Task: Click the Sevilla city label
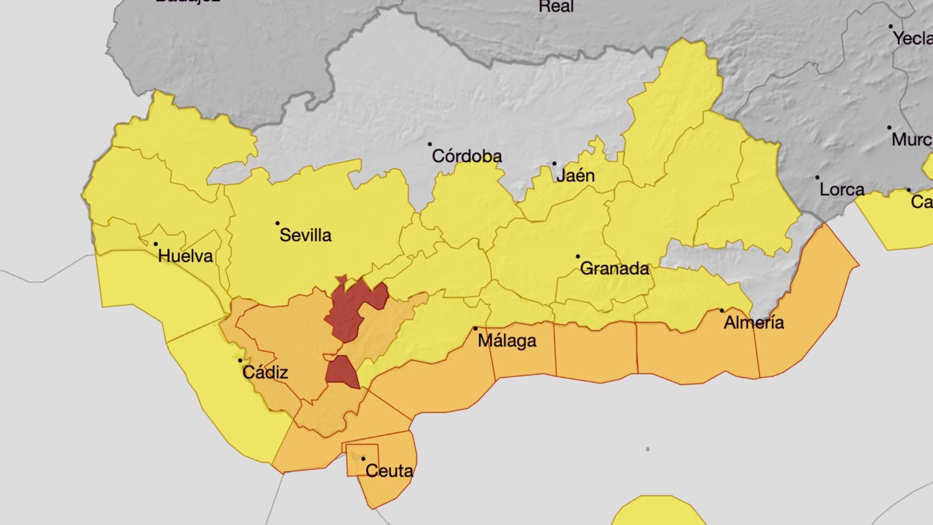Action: point(306,235)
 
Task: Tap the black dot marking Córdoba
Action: point(430,144)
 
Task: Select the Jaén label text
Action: point(575,176)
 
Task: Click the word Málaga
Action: point(507,341)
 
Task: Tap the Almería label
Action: point(753,323)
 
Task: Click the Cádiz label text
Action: point(265,372)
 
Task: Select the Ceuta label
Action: point(389,471)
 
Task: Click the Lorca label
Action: point(841,190)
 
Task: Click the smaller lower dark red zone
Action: point(342,372)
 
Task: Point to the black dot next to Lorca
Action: point(817,177)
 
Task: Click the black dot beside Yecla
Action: point(890,27)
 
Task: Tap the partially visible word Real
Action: point(556,7)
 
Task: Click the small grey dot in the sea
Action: point(647,449)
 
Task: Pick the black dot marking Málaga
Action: point(475,329)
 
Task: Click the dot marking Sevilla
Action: point(278,223)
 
